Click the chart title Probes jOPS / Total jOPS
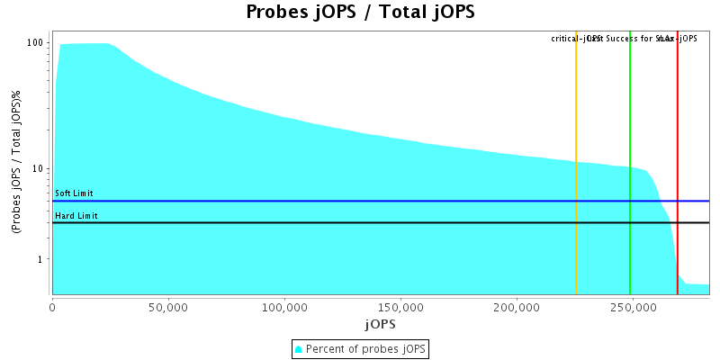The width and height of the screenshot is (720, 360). tap(360, 13)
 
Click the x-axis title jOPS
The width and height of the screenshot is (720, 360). tap(380, 323)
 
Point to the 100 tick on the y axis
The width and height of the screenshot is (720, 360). tap(36, 43)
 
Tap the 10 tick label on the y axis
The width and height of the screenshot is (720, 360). tap(39, 169)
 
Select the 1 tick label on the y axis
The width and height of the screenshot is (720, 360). tap(41, 259)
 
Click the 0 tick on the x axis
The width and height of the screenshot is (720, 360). tap(53, 306)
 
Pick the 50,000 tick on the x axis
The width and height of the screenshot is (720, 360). tap(168, 306)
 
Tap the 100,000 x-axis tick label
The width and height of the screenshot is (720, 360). tap(284, 306)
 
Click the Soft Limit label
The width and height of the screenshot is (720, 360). tap(74, 193)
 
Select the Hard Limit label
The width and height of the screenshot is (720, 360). tap(76, 216)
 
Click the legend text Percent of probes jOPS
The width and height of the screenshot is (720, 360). tap(366, 348)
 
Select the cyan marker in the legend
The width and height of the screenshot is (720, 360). tap(299, 348)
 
